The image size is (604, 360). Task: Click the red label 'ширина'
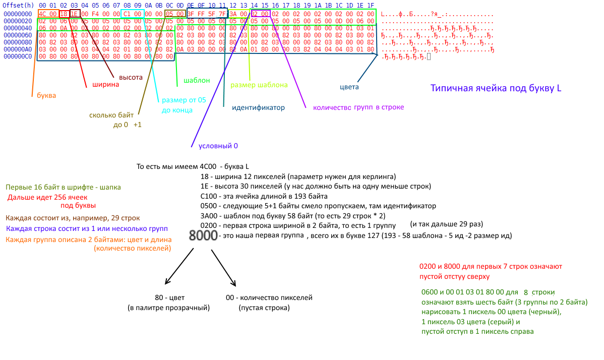pyautogui.click(x=105, y=85)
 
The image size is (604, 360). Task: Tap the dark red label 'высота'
pyautogui.click(x=131, y=77)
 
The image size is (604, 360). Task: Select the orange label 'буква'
pyautogui.click(x=46, y=95)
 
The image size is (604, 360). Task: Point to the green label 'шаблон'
pyautogui.click(x=197, y=80)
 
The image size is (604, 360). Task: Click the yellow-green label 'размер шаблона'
pyautogui.click(x=259, y=85)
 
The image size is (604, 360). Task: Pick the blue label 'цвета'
pyautogui.click(x=349, y=87)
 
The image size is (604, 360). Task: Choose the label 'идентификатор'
pyautogui.click(x=258, y=107)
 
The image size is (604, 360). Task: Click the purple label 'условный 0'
pyautogui.click(x=218, y=146)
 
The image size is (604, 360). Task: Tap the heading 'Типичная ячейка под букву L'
pyautogui.click(x=496, y=88)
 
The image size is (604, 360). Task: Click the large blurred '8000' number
pyautogui.click(x=203, y=235)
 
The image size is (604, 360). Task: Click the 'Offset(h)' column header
pyautogui.click(x=18, y=6)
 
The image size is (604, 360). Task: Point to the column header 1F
pyautogui.click(x=370, y=6)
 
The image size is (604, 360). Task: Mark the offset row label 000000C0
pyautogui.click(x=18, y=56)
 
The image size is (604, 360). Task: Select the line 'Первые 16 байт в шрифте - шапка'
pyautogui.click(x=63, y=187)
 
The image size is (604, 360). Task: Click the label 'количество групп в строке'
pyautogui.click(x=358, y=107)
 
